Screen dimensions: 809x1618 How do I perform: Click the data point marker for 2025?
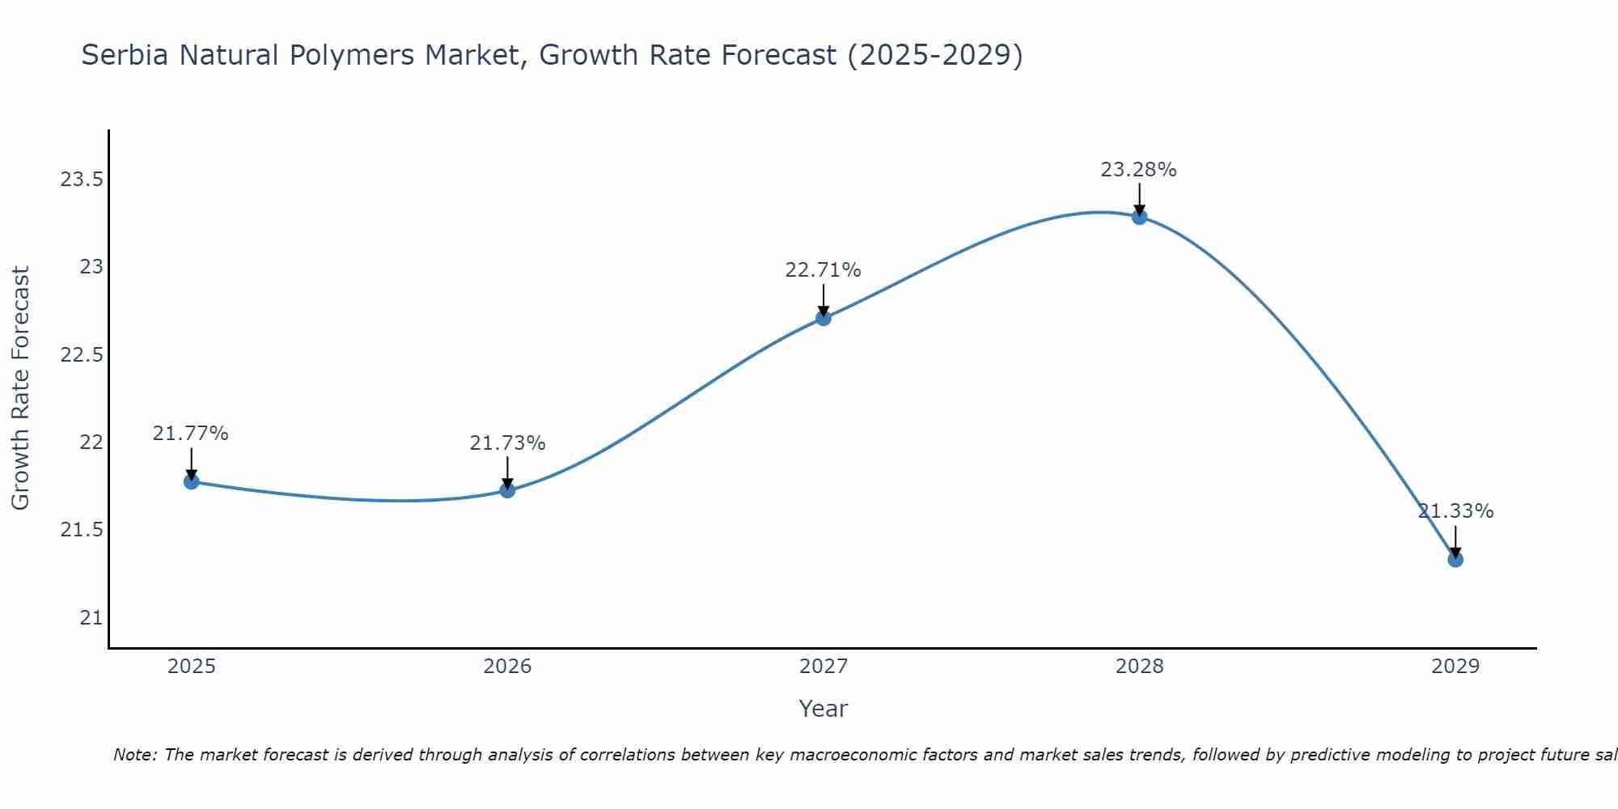tap(192, 481)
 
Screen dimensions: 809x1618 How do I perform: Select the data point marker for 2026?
tap(507, 489)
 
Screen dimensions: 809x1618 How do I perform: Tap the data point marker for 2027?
tap(824, 318)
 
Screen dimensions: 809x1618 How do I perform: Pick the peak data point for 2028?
tap(1139, 217)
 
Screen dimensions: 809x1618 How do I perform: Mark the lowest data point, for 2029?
tap(1455, 559)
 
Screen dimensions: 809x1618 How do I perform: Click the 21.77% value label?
tap(191, 434)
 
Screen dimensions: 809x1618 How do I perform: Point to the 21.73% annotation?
tap(507, 443)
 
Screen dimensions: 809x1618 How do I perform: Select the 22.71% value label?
tap(824, 270)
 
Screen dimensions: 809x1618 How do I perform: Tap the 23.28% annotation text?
tap(1138, 170)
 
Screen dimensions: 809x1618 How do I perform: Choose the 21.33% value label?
tap(1455, 511)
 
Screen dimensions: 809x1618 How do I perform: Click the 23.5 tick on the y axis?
tap(83, 180)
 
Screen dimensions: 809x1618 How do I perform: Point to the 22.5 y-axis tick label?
tap(83, 355)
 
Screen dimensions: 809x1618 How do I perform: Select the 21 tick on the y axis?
tap(91, 618)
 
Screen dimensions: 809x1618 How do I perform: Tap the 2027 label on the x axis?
tap(824, 667)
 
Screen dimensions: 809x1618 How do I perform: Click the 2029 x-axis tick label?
tap(1455, 667)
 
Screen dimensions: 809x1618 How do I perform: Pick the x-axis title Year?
tap(823, 709)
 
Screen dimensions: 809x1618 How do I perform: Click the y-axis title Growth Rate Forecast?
tap(21, 388)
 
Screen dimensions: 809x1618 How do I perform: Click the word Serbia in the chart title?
tap(125, 56)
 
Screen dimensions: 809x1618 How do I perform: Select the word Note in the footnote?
tap(134, 755)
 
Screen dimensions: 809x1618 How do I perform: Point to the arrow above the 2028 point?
tap(1139, 197)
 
